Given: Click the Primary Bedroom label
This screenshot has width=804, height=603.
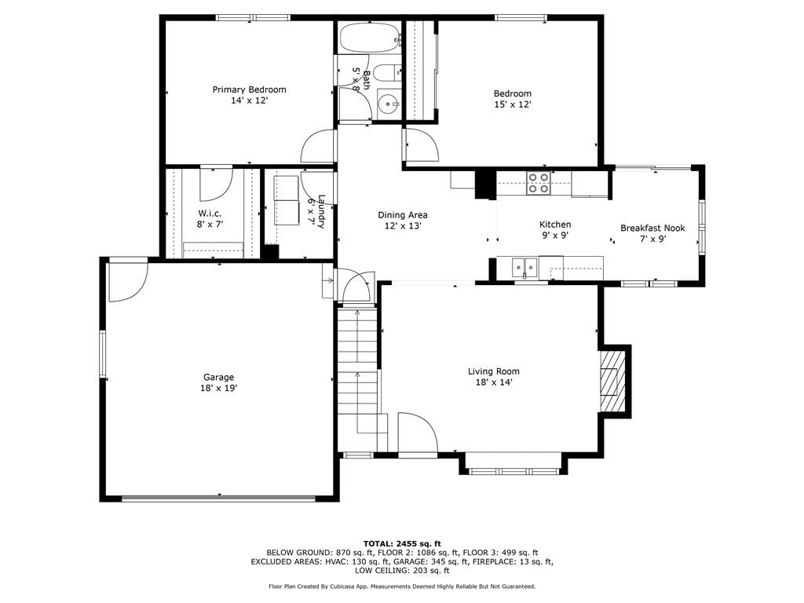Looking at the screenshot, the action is click(x=249, y=90).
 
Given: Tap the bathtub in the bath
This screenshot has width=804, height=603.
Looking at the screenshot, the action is click(x=370, y=38).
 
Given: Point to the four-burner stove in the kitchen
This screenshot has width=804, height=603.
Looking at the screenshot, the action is click(x=539, y=183).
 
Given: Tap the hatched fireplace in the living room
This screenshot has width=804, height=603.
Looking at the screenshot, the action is click(x=613, y=381).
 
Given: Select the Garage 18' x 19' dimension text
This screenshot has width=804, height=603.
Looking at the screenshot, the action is click(x=218, y=388).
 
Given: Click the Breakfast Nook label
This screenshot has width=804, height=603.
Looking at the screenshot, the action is click(x=652, y=228).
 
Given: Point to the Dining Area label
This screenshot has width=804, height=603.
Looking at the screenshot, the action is click(x=403, y=215).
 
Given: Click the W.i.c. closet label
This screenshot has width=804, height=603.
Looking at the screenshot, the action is click(x=210, y=214).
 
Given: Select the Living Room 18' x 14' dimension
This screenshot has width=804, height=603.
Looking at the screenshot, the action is click(x=493, y=382).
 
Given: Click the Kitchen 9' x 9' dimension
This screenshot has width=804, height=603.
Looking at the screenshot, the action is click(x=555, y=236).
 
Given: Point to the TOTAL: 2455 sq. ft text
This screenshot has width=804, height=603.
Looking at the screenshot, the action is click(x=402, y=543).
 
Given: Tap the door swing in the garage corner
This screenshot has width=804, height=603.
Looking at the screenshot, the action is click(x=128, y=282).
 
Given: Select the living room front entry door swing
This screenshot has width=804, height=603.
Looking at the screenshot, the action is click(x=418, y=433).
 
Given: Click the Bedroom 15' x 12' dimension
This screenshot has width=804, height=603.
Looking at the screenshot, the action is click(x=512, y=104).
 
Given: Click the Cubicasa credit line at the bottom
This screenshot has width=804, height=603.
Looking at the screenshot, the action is click(x=402, y=586).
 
